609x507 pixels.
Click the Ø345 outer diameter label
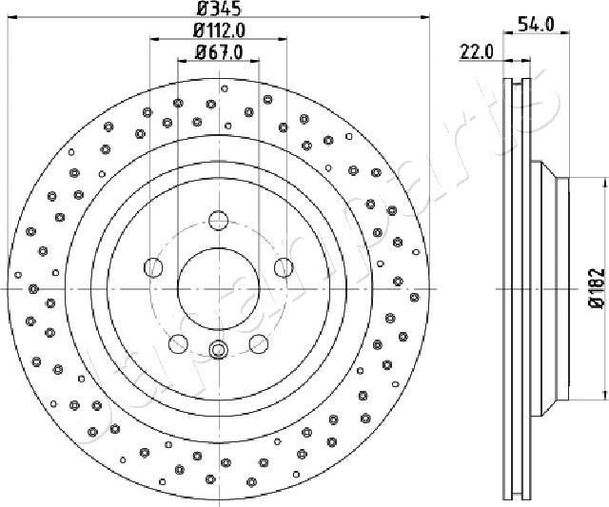coord(218,10)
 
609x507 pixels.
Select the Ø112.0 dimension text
coord(218,31)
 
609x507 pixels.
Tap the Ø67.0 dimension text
coord(218,52)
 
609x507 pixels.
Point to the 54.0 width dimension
coord(535,25)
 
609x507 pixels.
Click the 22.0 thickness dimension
coord(475,52)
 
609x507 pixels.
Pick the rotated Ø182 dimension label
coord(596,287)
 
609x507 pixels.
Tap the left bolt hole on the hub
coord(152,268)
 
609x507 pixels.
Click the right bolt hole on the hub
coord(283,268)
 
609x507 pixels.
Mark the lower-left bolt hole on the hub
coord(177,344)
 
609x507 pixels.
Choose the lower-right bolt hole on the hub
coord(258,344)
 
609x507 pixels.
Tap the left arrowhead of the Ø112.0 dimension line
coord(153,39)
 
